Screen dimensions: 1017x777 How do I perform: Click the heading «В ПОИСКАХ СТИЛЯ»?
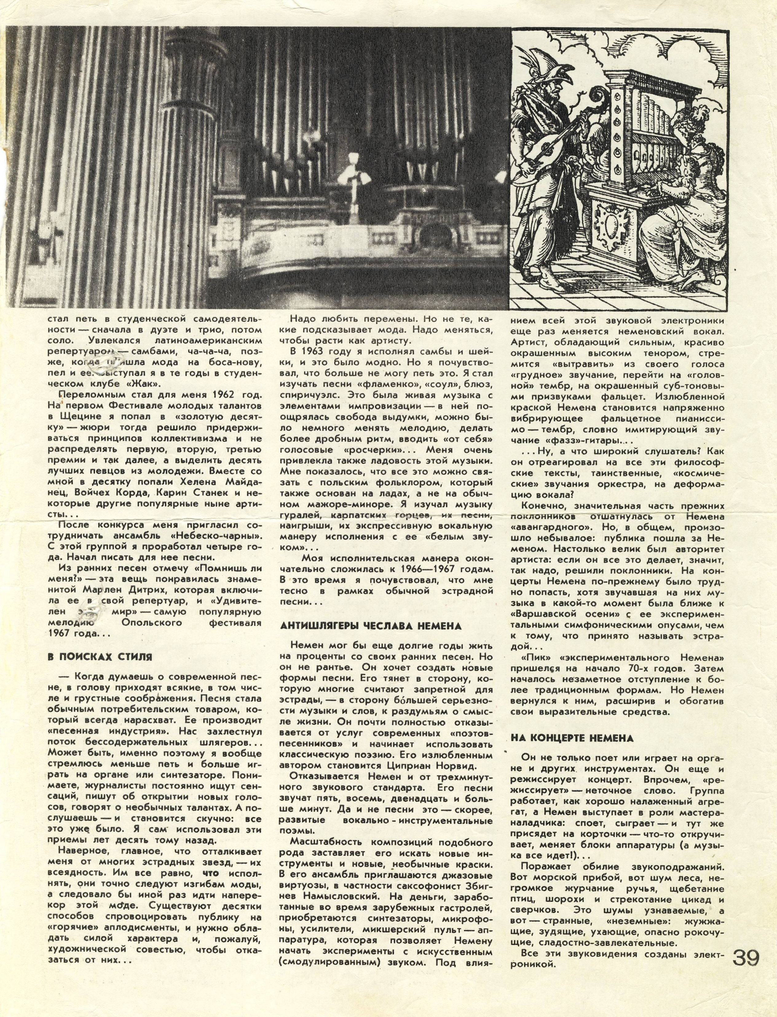[x=100, y=657]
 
